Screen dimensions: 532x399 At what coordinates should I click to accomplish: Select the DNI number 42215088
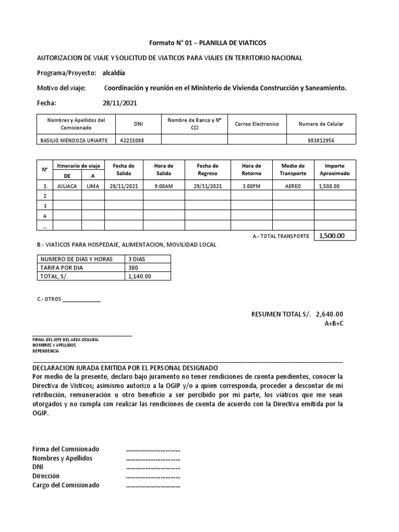[132, 140]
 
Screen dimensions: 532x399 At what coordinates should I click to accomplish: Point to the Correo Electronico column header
[257, 124]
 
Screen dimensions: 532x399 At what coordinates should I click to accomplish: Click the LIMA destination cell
[93, 186]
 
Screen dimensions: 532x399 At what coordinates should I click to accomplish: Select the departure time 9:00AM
[164, 186]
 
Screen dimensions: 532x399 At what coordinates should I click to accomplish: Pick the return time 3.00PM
[251, 186]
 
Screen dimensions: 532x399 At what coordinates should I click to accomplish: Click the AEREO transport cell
[292, 186]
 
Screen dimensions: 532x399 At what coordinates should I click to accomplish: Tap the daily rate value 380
[134, 268]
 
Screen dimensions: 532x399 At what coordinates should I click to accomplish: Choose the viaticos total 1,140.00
[140, 276]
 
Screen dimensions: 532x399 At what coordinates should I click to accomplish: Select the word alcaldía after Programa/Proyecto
[114, 73]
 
